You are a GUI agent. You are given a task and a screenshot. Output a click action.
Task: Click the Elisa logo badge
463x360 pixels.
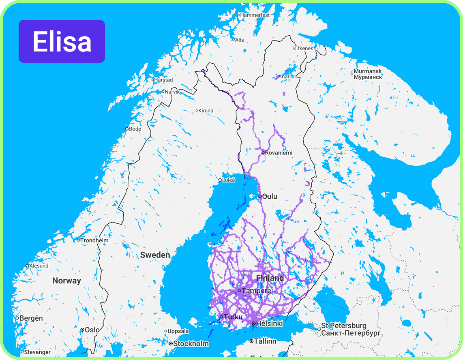coord(62,41)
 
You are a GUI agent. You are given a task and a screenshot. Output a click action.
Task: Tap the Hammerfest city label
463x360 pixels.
coord(254,15)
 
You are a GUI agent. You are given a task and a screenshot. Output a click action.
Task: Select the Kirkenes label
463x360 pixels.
coord(303,48)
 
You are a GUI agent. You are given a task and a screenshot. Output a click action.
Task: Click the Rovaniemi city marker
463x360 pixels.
coord(263,152)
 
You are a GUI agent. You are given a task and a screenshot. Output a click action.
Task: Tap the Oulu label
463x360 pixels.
coord(270,197)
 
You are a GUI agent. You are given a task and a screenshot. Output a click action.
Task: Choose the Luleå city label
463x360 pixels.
coord(228,180)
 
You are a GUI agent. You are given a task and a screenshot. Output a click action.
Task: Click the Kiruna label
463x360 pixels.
coord(205,110)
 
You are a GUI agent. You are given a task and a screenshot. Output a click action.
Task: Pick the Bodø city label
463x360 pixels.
coord(135,129)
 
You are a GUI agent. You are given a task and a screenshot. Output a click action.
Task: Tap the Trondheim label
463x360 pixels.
coord(94,240)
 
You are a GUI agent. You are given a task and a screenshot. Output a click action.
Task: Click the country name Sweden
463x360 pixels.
coord(155,255)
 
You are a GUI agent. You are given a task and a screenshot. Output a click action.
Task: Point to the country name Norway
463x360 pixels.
coord(66,281)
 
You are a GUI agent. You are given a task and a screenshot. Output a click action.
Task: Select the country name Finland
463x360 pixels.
coord(270,278)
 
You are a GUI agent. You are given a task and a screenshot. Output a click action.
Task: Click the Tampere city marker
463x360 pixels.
coord(239,291)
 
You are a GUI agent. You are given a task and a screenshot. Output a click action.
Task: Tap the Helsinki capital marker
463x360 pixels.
coord(253,324)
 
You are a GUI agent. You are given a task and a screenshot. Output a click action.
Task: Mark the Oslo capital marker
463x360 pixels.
coord(82,330)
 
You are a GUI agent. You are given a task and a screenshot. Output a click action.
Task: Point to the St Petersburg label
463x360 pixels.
coord(344,326)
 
